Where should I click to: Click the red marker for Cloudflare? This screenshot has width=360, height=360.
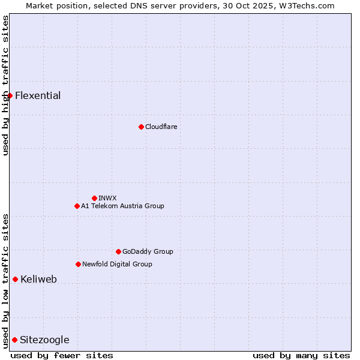(141, 127)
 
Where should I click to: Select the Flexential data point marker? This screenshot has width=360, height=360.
(10, 95)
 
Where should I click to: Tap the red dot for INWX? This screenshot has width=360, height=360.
(94, 198)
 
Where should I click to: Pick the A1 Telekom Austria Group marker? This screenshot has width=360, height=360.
(77, 206)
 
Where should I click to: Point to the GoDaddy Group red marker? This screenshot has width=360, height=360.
(118, 251)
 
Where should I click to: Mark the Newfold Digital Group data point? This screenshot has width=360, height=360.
(78, 264)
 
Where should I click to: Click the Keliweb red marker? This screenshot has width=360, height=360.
(15, 279)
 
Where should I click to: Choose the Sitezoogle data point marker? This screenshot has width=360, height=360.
(14, 340)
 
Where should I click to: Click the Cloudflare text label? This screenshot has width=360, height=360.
(161, 127)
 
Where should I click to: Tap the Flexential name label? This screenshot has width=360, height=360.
(38, 95)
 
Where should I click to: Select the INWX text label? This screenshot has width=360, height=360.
(107, 198)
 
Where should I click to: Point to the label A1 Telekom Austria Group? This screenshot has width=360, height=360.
(122, 206)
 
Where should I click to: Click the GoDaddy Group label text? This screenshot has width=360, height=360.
(148, 251)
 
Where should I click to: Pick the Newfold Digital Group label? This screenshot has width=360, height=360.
(117, 264)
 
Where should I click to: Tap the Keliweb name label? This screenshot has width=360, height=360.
(38, 279)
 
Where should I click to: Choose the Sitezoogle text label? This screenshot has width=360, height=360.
(44, 340)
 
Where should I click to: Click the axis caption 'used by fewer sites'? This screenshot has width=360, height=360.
(62, 355)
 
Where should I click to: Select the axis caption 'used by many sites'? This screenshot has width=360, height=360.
(301, 355)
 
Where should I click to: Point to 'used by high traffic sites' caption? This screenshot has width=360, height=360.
(5, 85)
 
